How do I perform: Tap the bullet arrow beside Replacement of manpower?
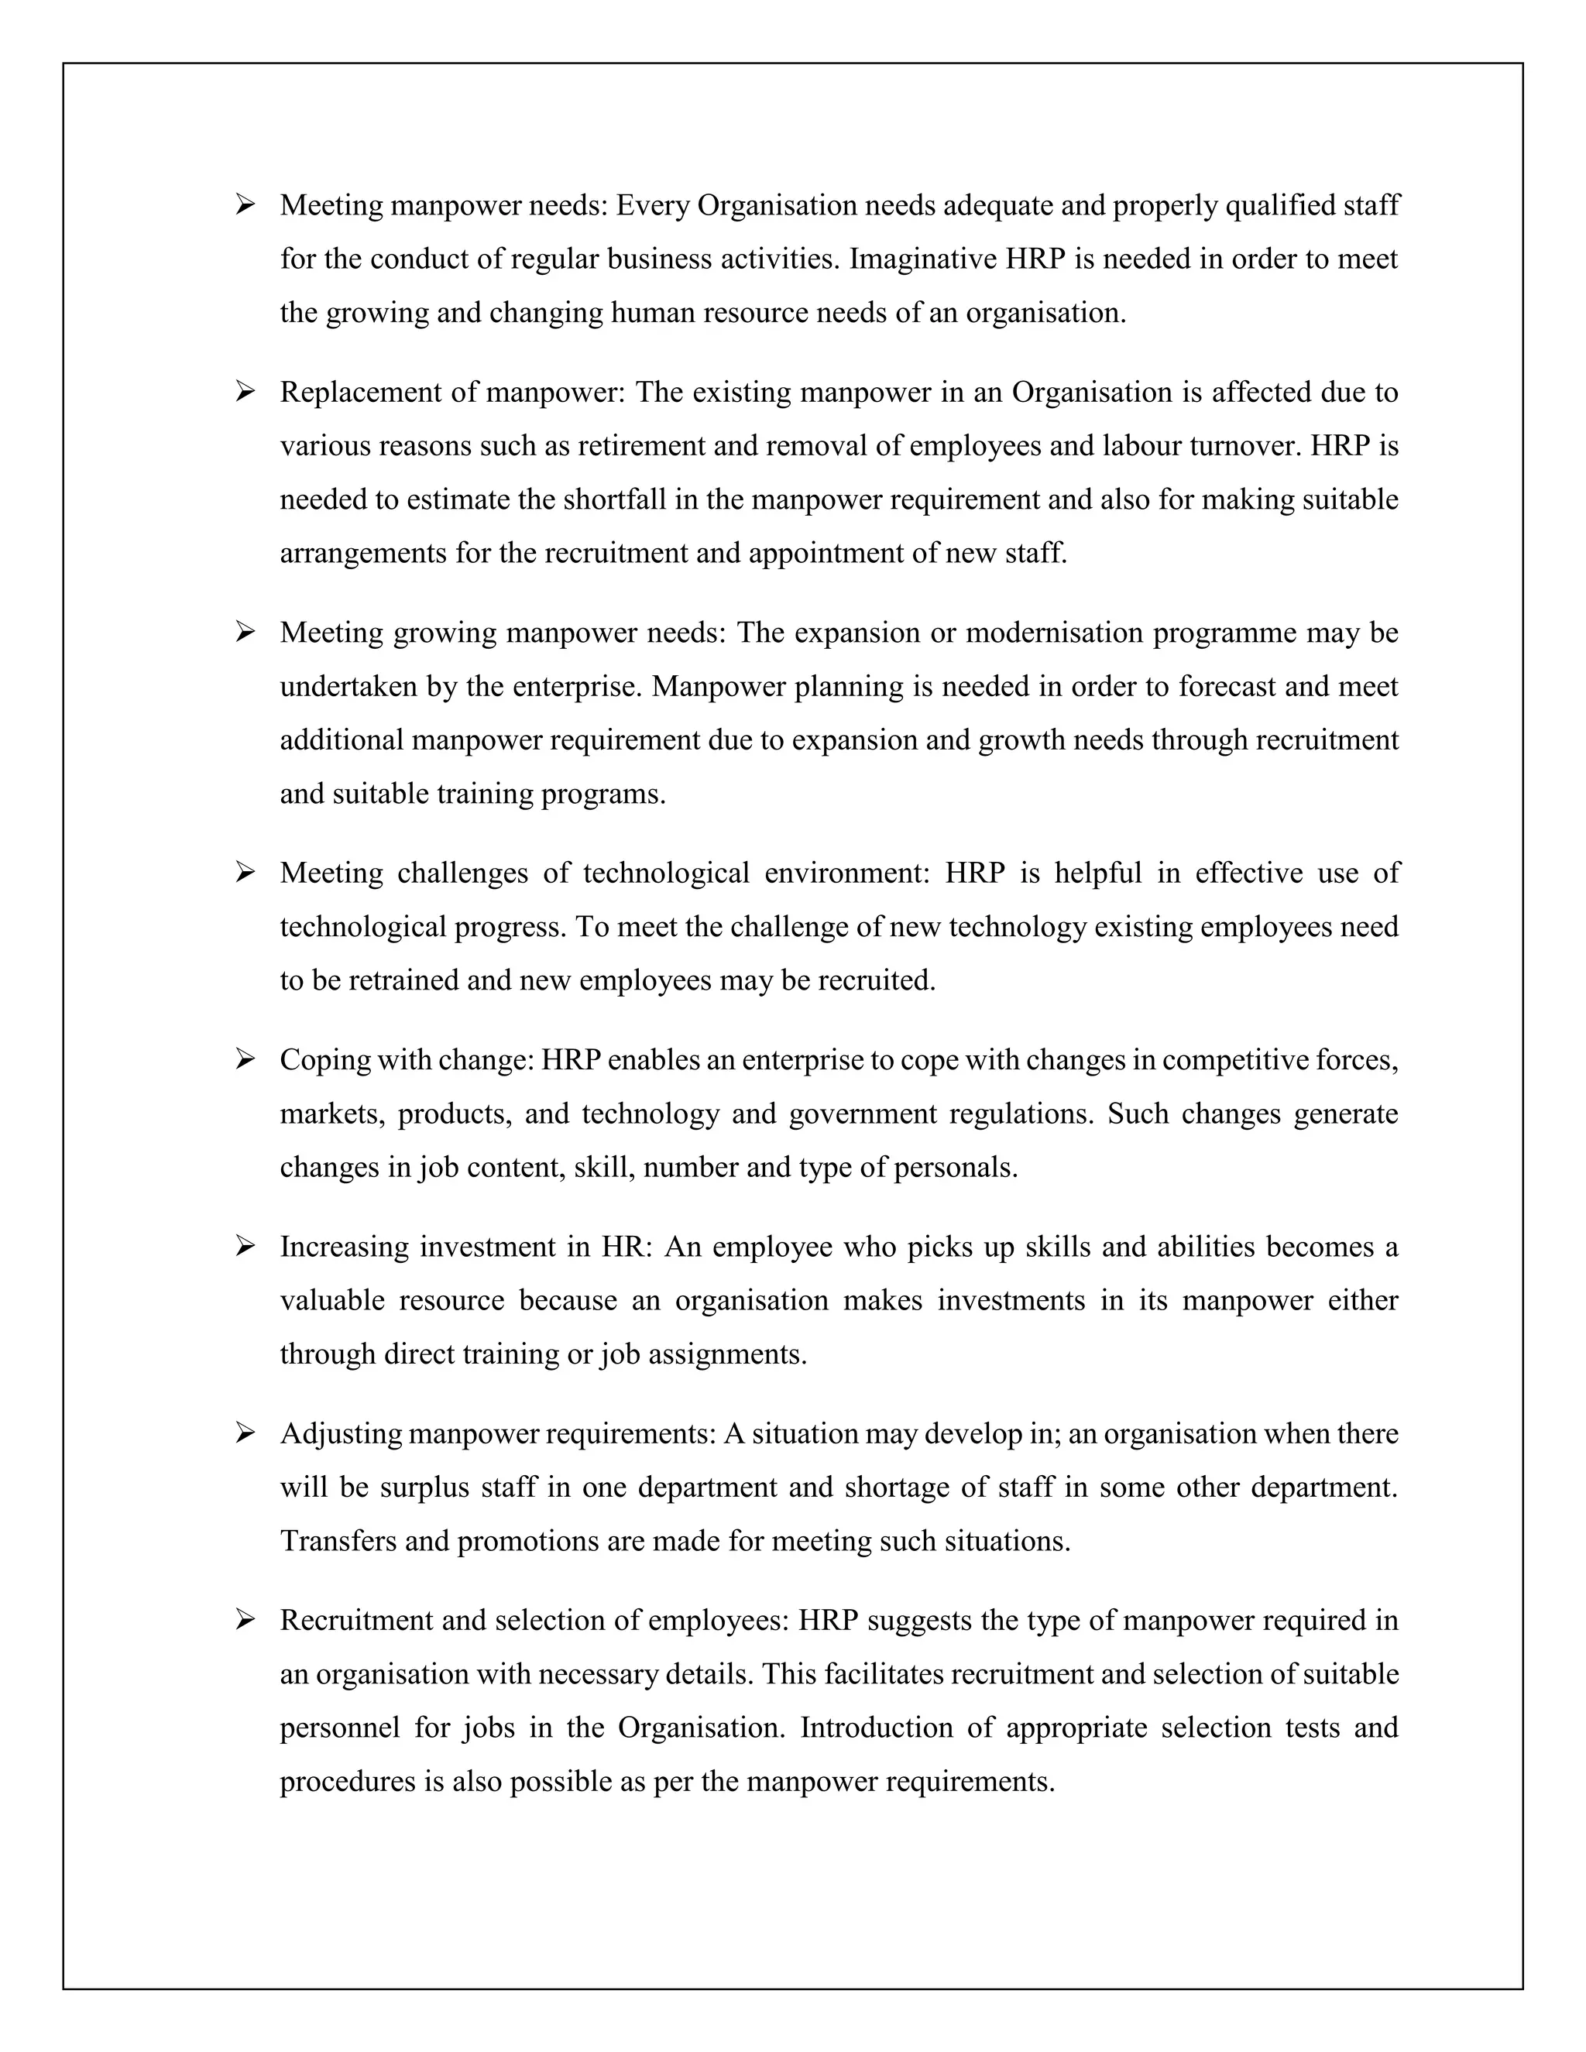click(x=245, y=391)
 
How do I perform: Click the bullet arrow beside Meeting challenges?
click(x=245, y=873)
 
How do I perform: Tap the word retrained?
click(x=410, y=981)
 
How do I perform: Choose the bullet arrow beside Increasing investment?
click(x=245, y=1247)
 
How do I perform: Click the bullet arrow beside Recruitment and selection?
click(x=245, y=1621)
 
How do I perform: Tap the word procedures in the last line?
click(x=348, y=1783)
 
